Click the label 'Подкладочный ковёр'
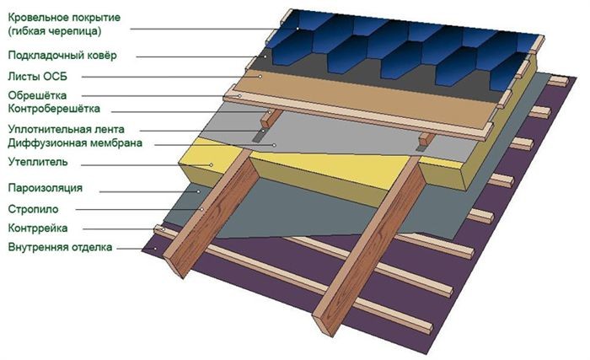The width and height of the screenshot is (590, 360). (62, 56)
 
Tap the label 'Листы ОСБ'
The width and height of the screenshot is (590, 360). (37, 77)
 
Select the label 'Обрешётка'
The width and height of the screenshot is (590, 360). (37, 95)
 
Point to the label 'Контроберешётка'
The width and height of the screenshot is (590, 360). (54, 109)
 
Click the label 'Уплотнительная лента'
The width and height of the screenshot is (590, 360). (67, 129)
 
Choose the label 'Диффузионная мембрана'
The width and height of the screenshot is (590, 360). (75, 143)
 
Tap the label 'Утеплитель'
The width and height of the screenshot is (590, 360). (38, 162)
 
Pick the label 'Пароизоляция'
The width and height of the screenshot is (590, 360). (46, 187)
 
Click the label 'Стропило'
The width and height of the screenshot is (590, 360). (33, 209)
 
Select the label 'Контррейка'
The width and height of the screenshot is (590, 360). (38, 228)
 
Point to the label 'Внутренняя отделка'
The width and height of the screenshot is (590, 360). (60, 247)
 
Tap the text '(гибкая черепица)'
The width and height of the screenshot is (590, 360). (55, 31)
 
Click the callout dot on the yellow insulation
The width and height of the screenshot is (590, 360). (212, 164)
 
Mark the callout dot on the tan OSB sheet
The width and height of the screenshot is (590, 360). (260, 77)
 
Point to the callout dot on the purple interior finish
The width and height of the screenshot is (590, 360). (155, 248)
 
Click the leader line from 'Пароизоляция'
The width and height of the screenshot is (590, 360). (149, 191)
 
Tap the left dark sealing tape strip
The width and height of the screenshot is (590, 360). (260, 135)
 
